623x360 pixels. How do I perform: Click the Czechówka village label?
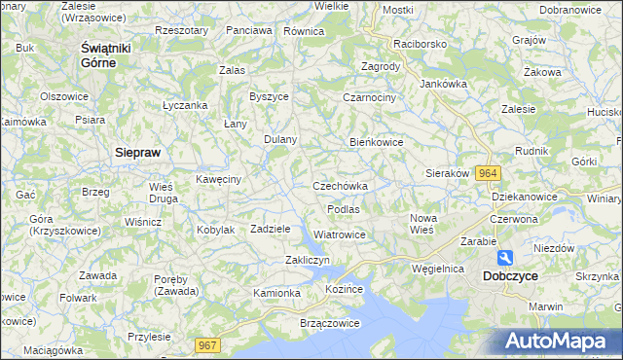pos(340,186)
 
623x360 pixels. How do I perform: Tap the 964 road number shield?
pos(489,172)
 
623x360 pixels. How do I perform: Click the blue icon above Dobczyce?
pos(505,258)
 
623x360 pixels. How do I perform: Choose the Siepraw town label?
pos(137,152)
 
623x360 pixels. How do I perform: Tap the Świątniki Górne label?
pos(111,54)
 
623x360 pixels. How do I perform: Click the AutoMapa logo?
pos(559,342)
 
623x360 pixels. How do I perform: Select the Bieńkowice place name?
pos(377,142)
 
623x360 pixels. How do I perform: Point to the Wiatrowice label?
pos(340,234)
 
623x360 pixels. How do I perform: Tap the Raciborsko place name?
pos(419,44)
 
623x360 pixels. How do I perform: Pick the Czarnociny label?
pos(369,97)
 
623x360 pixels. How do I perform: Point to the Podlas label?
pos(344,209)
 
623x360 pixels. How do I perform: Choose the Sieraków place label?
pos(448,173)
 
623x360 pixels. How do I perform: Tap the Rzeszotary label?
pos(182,30)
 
